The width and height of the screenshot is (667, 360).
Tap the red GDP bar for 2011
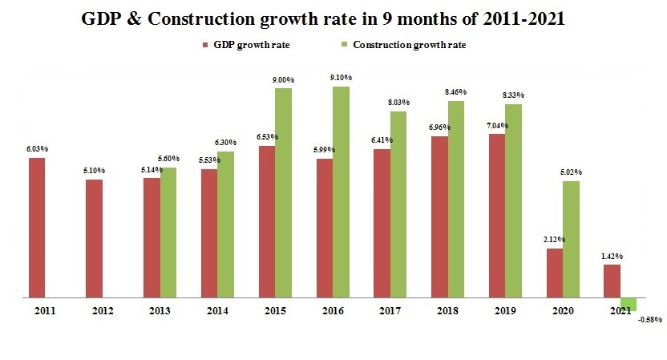click(37, 228)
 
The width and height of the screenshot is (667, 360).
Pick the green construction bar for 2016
click(341, 192)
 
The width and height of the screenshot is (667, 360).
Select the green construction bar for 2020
click(571, 240)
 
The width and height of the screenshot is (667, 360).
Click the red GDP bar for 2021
click(612, 281)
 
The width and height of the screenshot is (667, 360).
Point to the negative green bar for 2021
click(629, 304)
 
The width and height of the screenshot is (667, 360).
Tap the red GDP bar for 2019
click(496, 216)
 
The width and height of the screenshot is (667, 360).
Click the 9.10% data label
click(341, 78)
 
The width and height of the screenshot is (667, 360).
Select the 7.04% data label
click(496, 126)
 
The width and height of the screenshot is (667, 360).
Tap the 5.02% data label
click(571, 172)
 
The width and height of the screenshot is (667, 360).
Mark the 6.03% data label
click(37, 149)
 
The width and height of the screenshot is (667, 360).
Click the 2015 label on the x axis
click(274, 309)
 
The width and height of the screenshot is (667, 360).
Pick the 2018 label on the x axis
click(447, 309)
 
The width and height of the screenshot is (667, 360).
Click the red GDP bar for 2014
click(208, 233)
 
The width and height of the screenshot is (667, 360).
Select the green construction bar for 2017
click(398, 204)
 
